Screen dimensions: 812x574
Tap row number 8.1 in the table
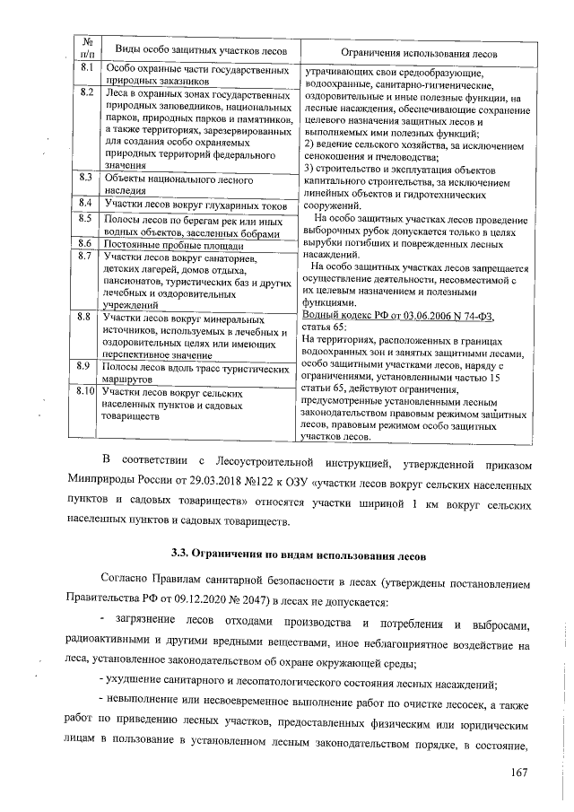coord(88,68)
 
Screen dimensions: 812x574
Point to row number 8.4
coord(88,204)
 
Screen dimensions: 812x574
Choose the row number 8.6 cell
coord(88,244)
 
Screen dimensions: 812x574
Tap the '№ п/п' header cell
coord(88,47)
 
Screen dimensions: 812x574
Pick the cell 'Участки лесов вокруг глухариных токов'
coord(194,205)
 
